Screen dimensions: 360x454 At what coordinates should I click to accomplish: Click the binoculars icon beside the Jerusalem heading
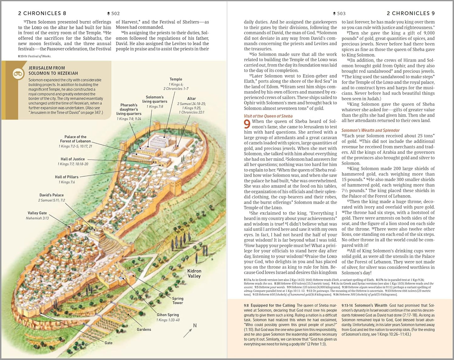coord(18,74)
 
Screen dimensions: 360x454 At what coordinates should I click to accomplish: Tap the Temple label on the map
coord(176,79)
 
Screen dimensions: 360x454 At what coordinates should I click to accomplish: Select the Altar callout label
coord(191,98)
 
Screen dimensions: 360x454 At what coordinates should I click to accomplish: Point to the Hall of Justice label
coord(73,159)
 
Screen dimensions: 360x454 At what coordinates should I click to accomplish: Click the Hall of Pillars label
coord(67,177)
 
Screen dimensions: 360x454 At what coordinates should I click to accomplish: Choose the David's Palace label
coord(52,195)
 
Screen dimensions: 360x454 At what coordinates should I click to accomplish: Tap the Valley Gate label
coord(37,213)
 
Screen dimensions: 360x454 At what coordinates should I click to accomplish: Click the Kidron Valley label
coord(194,273)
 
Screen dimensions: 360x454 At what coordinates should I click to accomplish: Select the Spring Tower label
coord(178,301)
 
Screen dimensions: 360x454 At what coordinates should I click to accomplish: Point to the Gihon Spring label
coord(168,315)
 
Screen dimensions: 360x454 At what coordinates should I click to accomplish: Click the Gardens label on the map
coord(144,330)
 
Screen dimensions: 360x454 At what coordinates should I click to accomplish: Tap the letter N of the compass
coord(195,325)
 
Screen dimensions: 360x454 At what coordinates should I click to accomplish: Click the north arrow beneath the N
coord(188,333)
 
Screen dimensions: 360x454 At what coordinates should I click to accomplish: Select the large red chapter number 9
coord(247,124)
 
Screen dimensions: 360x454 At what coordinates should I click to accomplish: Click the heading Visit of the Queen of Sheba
coord(268,116)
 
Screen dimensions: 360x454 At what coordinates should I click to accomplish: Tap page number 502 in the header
coord(115,14)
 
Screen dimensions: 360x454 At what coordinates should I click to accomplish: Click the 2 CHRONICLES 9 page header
coord(411,13)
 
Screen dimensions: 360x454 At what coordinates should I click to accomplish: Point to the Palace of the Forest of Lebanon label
coord(75,139)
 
